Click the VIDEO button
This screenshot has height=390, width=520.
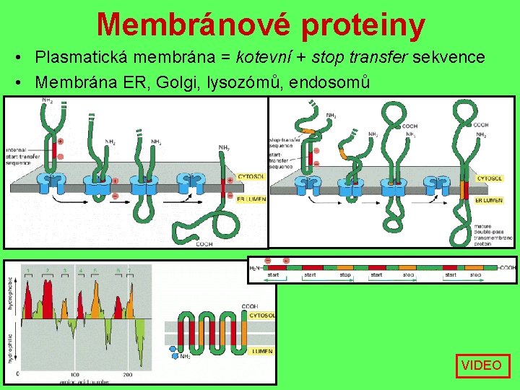pos(482,365)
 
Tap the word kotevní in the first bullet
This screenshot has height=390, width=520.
pos(261,57)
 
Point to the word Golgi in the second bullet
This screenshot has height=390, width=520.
pos(175,82)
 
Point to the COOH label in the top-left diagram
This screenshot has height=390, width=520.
pos(204,243)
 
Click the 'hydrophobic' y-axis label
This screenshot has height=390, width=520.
pos(10,292)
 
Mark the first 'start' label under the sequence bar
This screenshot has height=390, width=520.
pos(273,275)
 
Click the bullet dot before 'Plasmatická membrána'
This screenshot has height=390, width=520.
pos(25,57)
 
